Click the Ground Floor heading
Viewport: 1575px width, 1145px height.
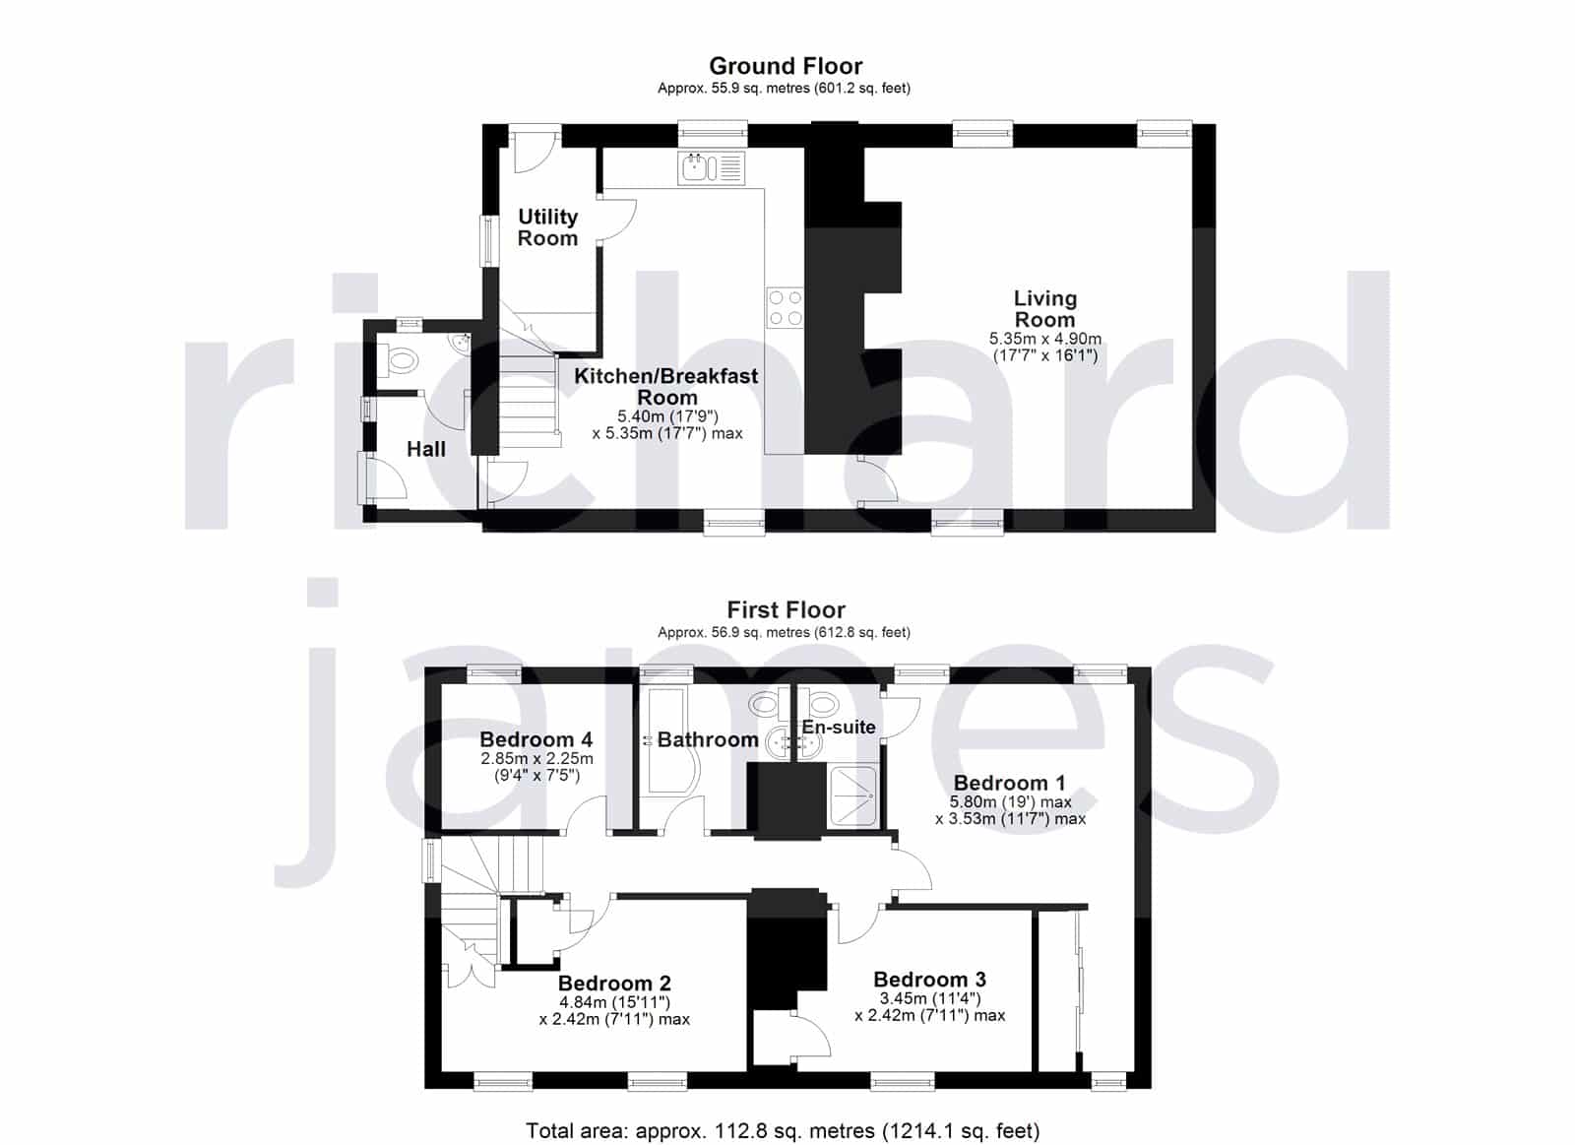786,66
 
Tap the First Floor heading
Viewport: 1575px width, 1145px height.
786,609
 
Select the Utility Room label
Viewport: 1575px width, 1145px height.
547,227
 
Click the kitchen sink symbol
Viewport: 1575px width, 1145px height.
711,168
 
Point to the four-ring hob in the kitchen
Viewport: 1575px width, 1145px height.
785,307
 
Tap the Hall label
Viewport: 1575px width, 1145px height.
426,449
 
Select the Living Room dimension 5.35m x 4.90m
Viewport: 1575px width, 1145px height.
1044,339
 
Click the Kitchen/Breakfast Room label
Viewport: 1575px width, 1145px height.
665,386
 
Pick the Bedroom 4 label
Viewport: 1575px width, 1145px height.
535,739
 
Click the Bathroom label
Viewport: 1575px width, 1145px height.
708,739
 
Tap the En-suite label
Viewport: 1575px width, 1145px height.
839,727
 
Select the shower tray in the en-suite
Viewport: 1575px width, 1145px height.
854,795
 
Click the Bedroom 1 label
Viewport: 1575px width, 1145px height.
1010,783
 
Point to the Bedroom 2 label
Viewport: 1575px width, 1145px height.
614,983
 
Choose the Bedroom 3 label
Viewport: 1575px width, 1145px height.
929,979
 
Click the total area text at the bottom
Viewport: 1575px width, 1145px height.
783,1112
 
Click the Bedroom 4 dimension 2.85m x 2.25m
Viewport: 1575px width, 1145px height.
537,759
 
